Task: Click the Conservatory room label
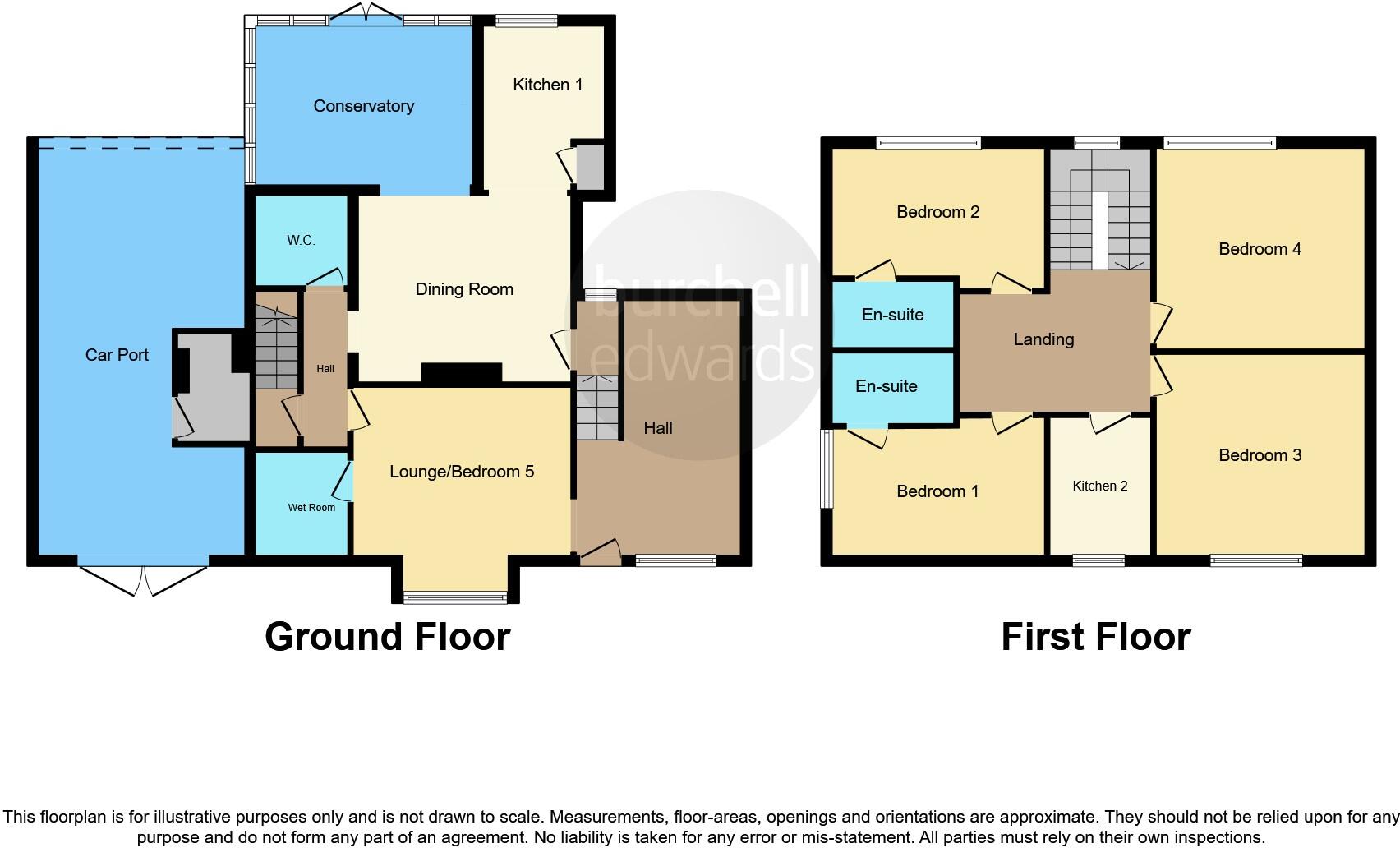coord(363,106)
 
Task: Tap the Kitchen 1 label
coord(547,85)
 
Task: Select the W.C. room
coord(301,240)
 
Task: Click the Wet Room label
coord(311,508)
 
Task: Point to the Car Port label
coord(117,355)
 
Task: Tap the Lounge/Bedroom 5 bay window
coord(456,597)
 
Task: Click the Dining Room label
coord(464,289)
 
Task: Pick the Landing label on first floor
coord(1043,339)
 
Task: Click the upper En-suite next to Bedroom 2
coord(892,315)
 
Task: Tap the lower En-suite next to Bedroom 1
coord(886,386)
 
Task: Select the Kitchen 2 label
coord(1099,486)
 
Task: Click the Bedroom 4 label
coord(1260,249)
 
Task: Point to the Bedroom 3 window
coord(1255,561)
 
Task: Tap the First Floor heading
coord(1095,637)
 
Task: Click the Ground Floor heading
coord(387,637)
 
